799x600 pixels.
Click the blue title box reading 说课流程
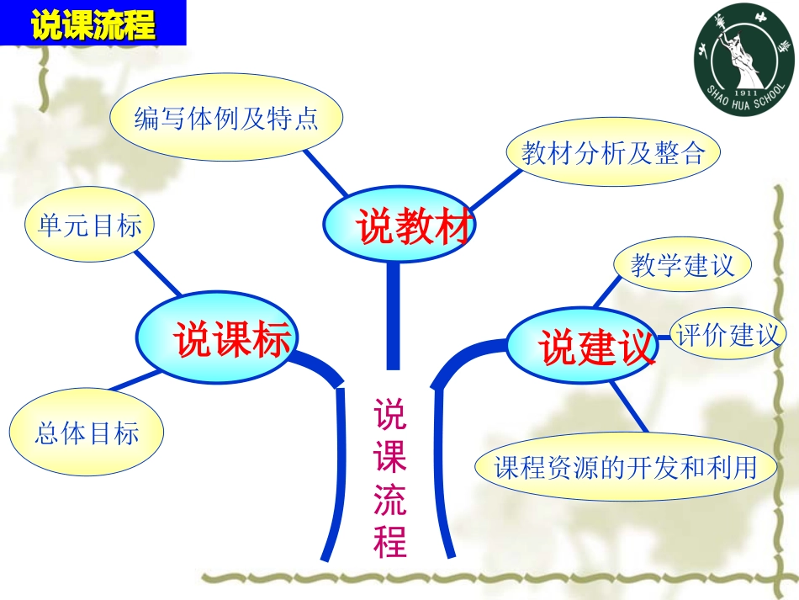click(x=93, y=24)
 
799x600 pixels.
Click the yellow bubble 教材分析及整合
click(x=615, y=153)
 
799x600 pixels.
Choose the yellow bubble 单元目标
click(x=91, y=225)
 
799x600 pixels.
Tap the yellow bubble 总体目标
click(x=87, y=433)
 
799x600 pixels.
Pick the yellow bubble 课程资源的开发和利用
click(x=626, y=467)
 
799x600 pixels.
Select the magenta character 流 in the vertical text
click(x=390, y=500)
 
